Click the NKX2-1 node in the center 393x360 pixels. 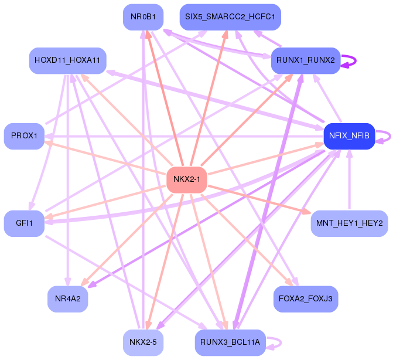(187, 179)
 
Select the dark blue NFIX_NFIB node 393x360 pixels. (349, 136)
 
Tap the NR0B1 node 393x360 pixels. (143, 17)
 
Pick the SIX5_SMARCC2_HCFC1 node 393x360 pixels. (230, 17)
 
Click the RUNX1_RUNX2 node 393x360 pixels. (305, 60)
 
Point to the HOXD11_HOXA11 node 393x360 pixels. (67, 60)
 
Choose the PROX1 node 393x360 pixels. (24, 136)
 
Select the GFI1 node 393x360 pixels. (24, 223)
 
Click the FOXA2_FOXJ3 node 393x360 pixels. (305, 299)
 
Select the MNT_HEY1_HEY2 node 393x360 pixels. (349, 223)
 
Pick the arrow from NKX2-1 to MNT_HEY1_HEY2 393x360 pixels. (258, 199)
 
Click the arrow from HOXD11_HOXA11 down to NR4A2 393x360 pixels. (69, 176)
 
